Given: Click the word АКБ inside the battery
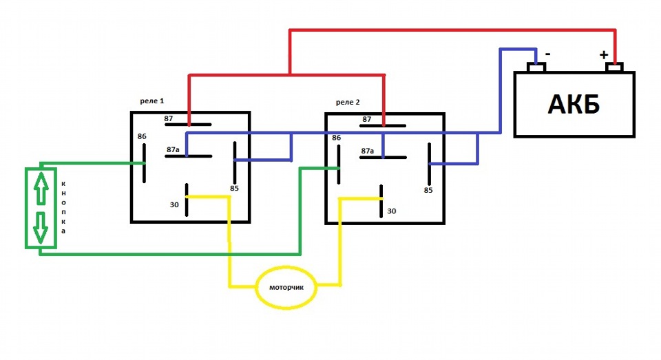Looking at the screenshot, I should click(574, 105).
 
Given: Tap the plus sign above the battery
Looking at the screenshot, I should click(604, 54).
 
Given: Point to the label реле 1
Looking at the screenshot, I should click(152, 101).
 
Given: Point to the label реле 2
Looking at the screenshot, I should click(348, 102).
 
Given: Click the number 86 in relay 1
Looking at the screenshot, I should click(142, 136).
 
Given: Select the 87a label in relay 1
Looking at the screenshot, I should click(173, 149).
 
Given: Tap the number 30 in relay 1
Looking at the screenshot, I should click(174, 204).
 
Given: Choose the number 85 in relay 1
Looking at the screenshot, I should click(235, 188).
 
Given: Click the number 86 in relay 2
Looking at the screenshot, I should click(337, 138).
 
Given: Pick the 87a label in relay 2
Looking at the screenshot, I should click(367, 150).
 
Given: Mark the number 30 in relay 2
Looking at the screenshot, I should click(392, 211).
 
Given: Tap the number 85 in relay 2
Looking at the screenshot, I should click(428, 190).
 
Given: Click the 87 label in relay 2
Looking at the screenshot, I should click(367, 119).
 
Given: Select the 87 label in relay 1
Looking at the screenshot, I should click(169, 118).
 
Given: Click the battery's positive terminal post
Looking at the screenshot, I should click(614, 67).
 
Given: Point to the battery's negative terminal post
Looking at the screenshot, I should click(536, 67).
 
